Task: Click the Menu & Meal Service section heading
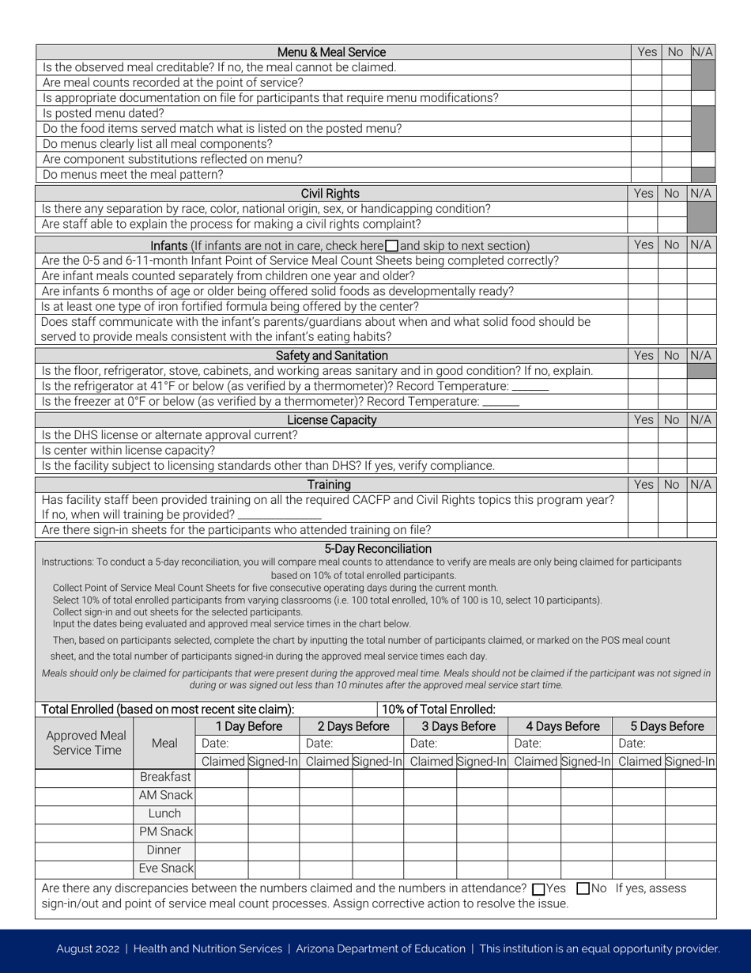pos(332,52)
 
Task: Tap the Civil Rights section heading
pos(330,193)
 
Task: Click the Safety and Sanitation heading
pos(331,355)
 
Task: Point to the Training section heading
pos(329,484)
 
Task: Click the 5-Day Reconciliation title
pos(378,548)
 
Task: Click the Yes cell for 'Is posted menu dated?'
pos(646,112)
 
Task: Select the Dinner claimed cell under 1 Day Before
pos(221,850)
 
